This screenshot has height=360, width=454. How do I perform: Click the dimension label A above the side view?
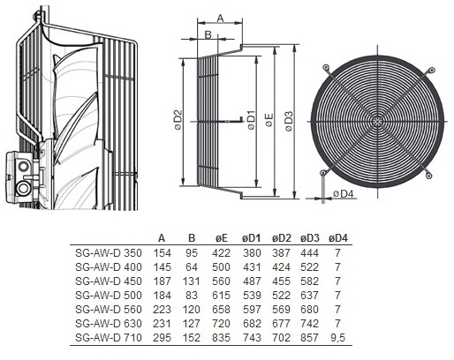pos(221,19)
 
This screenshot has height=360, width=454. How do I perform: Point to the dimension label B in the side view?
pos(208,34)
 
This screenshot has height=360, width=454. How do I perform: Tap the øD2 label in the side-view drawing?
pos(178,120)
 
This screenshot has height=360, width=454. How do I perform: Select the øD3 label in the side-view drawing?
pos(289,121)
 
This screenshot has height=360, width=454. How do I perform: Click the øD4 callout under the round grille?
pos(343,193)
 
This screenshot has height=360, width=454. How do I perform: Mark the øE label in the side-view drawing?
pos(269,120)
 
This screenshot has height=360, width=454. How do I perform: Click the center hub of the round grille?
pos(377,121)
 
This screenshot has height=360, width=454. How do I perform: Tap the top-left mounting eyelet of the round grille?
pos(326,67)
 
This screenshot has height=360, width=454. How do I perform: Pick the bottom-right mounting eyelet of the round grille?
pos(428,176)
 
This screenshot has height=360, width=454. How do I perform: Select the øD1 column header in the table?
pos(252,238)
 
